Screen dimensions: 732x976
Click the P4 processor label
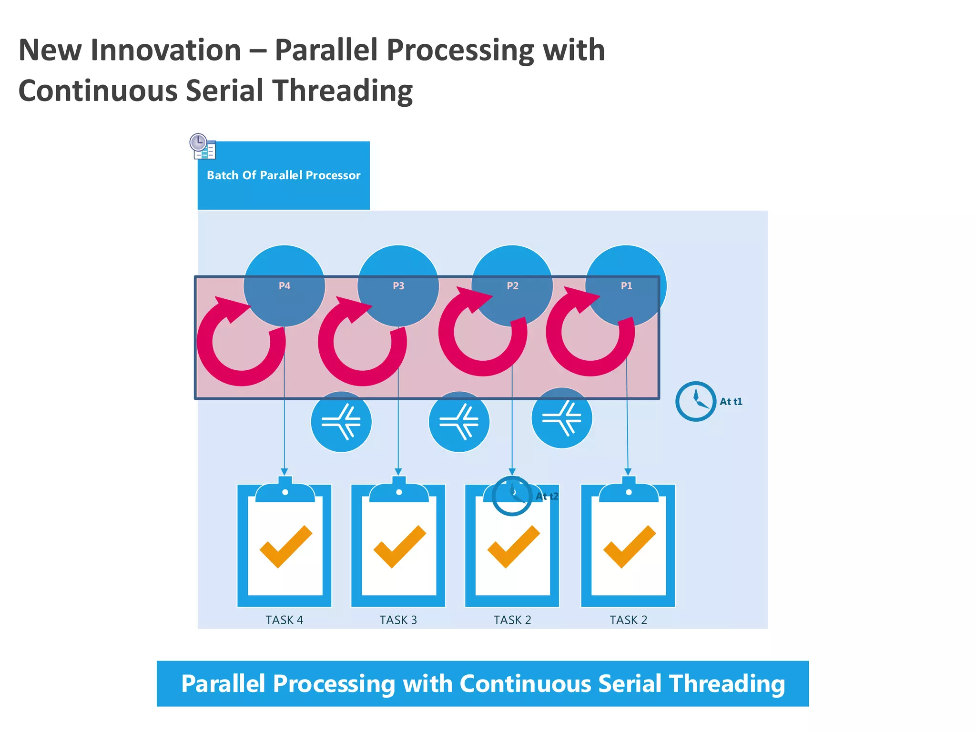pos(284,286)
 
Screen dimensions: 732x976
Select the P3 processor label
pos(398,286)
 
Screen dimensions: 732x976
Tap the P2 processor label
pos(512,286)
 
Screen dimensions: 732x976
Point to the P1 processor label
pos(626,286)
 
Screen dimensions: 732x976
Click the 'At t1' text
pos(731,402)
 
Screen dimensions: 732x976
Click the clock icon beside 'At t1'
pos(695,401)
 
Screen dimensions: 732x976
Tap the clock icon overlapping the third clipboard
pos(512,496)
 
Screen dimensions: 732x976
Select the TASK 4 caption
pos(284,620)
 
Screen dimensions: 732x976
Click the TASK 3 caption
pos(398,620)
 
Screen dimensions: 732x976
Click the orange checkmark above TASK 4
pos(285,547)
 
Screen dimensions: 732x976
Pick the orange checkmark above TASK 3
pos(399,547)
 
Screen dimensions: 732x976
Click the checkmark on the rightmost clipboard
pos(629,547)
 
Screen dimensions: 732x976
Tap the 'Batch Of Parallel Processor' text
pos(284,175)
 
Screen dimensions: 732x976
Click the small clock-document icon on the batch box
pos(203,147)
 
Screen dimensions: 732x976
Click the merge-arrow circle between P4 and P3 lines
pos(341,422)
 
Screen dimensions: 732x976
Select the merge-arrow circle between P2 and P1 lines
pos(561,418)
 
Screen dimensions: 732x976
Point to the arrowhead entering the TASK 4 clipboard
pos(285,472)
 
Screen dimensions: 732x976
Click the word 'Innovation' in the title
pos(166,50)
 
